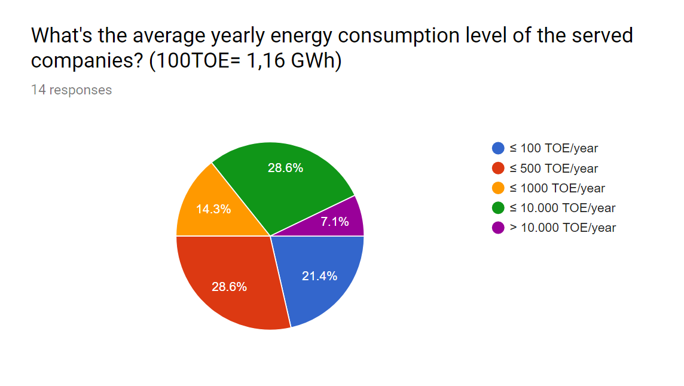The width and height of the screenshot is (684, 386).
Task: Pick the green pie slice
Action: click(x=283, y=179)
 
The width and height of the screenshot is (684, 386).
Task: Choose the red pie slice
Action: click(x=231, y=283)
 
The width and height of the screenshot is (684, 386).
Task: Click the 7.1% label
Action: click(x=335, y=222)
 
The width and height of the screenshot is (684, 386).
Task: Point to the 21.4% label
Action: click(x=319, y=275)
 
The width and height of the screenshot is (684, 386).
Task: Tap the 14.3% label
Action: click(x=213, y=209)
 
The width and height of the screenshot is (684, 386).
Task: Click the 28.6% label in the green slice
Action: click(x=285, y=167)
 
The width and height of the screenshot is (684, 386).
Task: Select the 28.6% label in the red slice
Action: click(x=229, y=286)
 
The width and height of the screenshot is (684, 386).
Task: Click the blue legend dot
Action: click(x=497, y=148)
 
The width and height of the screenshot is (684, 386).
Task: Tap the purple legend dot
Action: click(x=497, y=228)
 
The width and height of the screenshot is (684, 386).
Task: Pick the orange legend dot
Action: click(x=497, y=188)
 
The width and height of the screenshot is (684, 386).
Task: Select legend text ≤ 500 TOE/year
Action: click(x=554, y=169)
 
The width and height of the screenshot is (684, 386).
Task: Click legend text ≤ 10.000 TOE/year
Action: click(x=562, y=208)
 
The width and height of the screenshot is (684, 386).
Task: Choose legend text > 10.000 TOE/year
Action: click(x=563, y=228)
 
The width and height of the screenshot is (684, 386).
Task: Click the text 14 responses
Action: click(x=72, y=90)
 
